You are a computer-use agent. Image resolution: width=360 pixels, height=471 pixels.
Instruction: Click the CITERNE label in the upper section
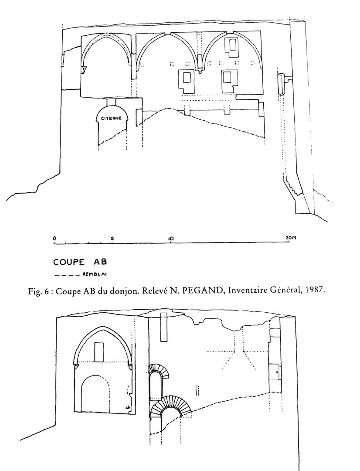112,118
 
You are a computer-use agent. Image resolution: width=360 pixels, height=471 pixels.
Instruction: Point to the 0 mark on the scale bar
54,238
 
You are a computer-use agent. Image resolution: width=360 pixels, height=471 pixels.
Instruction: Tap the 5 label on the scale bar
112,239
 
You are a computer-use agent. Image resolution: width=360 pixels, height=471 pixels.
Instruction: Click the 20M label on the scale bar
291,238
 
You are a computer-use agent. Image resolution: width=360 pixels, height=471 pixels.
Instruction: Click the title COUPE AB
80,262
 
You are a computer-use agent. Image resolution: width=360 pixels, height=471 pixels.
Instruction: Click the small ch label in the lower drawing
128,408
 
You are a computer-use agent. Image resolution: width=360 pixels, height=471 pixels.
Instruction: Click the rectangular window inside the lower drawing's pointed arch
99,352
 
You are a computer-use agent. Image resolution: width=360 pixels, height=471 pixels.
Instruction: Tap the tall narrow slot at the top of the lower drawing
163,327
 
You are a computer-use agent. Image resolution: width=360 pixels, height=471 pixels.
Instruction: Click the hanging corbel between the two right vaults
199,64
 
